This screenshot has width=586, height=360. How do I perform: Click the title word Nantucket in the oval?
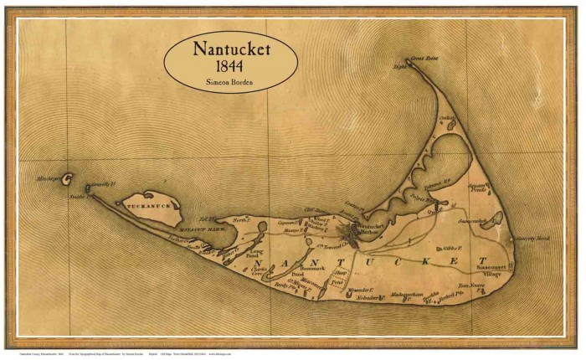[232, 49]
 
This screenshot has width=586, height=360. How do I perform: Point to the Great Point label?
[419, 59]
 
